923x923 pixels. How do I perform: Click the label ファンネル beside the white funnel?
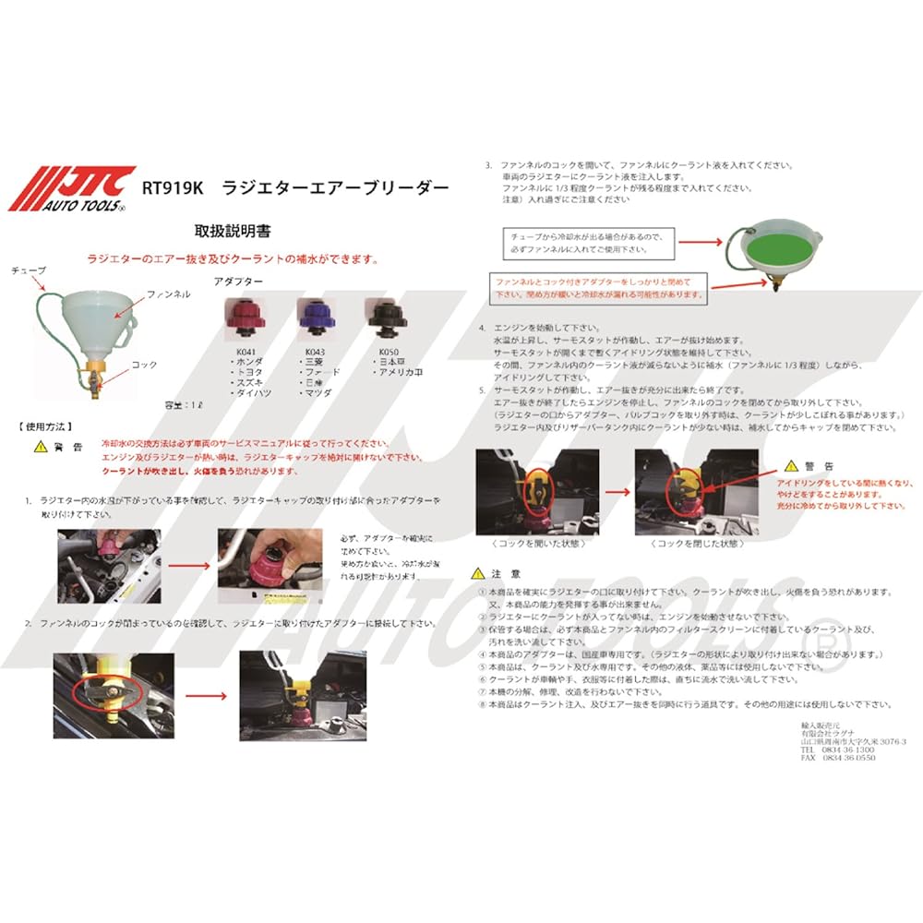click(x=169, y=294)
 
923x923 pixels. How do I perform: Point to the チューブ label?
click(x=29, y=270)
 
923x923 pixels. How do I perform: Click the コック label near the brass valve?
click(x=144, y=366)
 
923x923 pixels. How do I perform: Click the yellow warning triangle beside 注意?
click(x=477, y=572)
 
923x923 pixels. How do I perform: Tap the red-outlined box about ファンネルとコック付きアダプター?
click(x=597, y=287)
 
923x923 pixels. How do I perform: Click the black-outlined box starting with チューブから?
click(x=589, y=242)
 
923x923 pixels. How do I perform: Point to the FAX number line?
click(x=837, y=758)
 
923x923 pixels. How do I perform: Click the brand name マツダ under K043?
click(x=320, y=393)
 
